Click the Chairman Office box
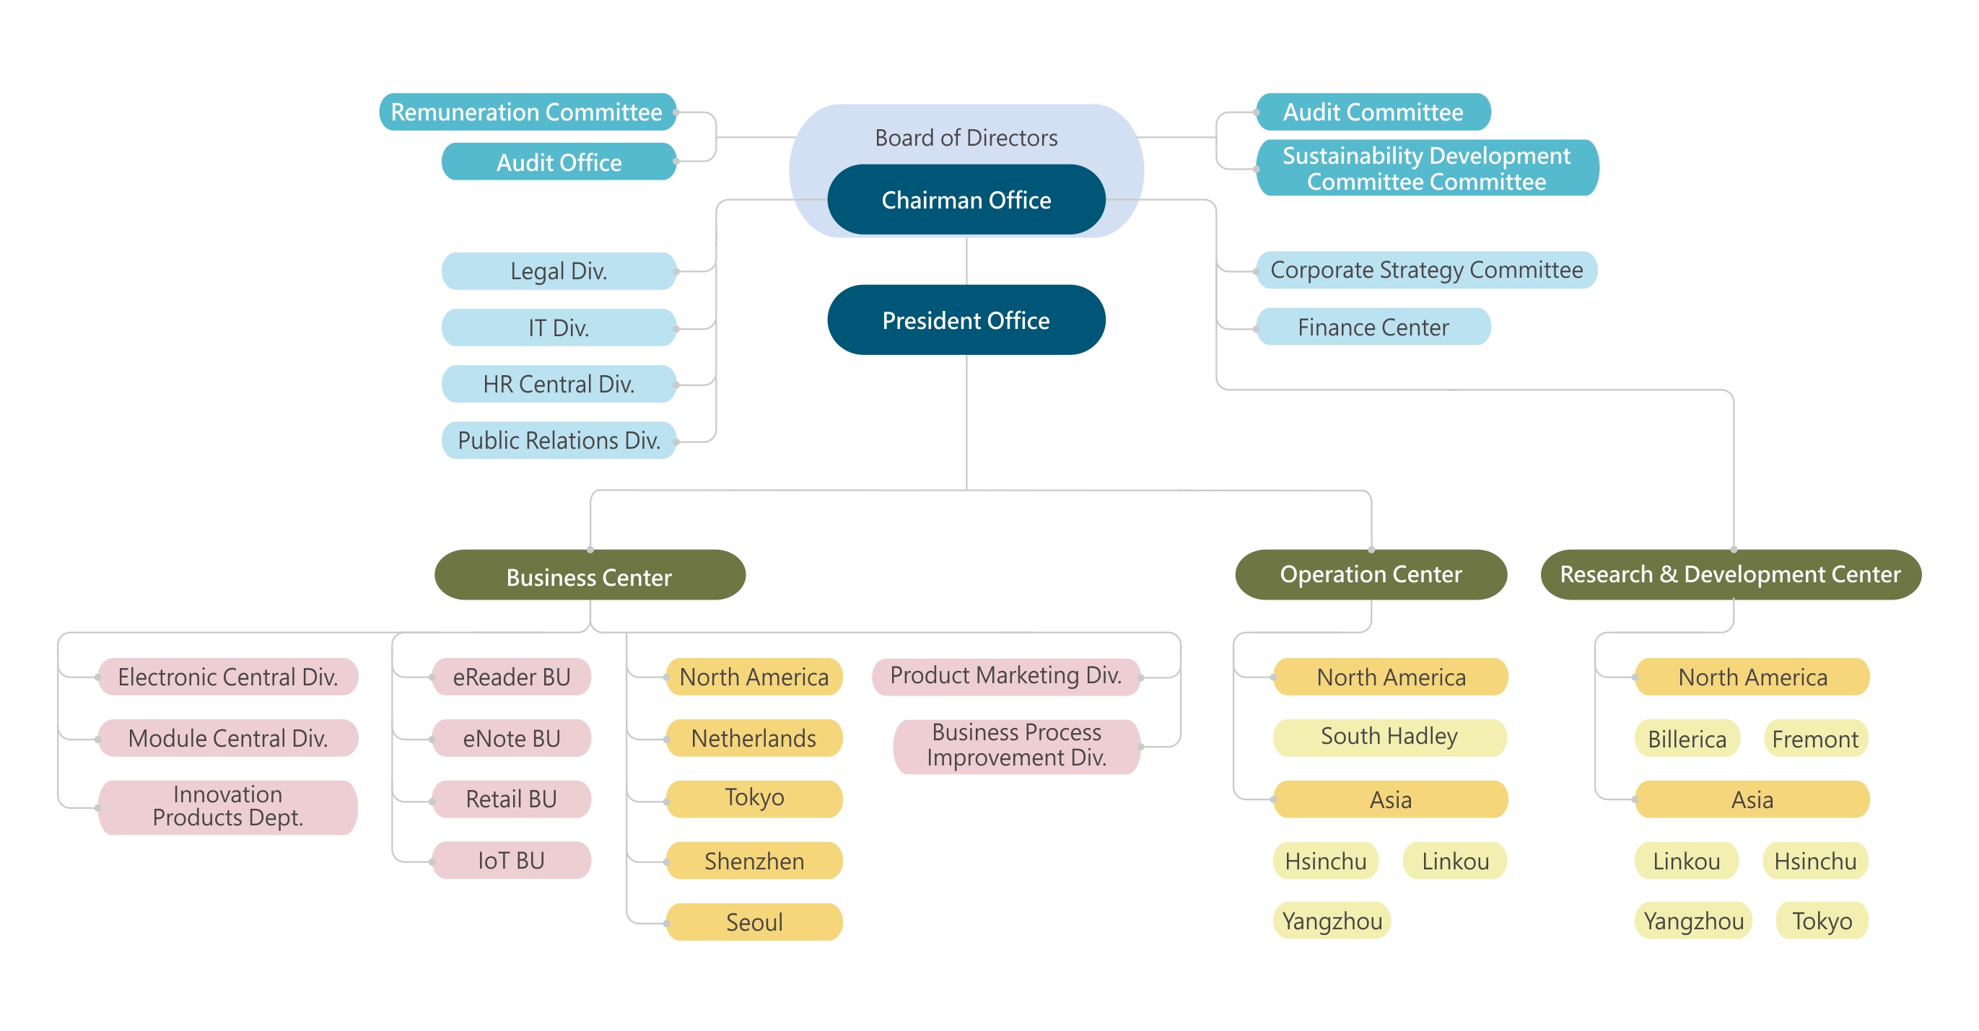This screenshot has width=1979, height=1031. pos(966,200)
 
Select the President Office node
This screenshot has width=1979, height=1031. pos(966,320)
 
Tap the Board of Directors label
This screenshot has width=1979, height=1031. pos(966,138)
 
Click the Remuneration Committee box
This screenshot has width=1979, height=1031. pos(527,112)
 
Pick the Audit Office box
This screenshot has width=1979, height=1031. pos(559,162)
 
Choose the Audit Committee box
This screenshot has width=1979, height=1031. pos(1373,112)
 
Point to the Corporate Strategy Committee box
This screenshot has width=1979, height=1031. pos(1426,270)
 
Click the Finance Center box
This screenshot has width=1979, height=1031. pos(1373,328)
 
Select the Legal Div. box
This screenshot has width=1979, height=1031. pos(559,271)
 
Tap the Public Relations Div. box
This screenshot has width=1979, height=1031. pos(559,440)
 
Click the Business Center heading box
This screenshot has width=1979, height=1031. pos(589,576)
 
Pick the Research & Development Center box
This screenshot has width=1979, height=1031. pos(1730,574)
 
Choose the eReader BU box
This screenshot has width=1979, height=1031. pos(511,677)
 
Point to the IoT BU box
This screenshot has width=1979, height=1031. pos(511,861)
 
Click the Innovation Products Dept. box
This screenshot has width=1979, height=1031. pos(227,806)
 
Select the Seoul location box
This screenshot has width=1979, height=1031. pos(753,922)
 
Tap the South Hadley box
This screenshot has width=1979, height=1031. pos(1389,737)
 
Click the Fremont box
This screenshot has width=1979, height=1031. pos(1814,739)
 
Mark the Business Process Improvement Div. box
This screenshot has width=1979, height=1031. pos(1015,745)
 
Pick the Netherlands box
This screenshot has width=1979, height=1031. pos(753,738)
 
